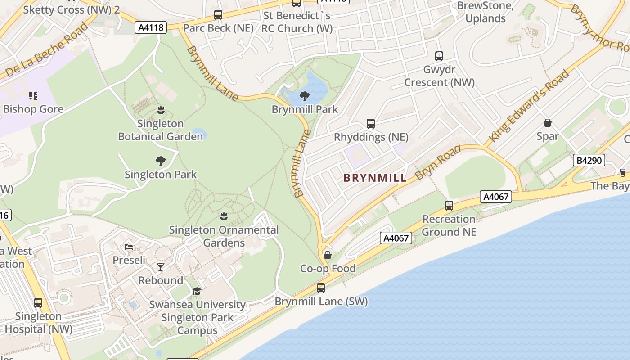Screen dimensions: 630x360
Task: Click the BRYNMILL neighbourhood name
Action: click(375, 178)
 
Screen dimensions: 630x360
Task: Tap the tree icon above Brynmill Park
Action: click(305, 95)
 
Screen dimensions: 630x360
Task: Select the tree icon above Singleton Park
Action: click(160, 161)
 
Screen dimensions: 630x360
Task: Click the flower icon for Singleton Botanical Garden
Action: click(161, 110)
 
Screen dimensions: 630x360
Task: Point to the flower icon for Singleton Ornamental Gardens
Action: click(224, 216)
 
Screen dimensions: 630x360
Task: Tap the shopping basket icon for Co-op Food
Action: click(328, 255)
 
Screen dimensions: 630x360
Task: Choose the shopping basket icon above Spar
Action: click(548, 122)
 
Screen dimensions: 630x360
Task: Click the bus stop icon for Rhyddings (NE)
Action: click(371, 123)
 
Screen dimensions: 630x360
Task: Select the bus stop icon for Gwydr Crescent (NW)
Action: click(439, 56)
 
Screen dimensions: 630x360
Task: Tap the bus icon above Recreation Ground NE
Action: click(449, 206)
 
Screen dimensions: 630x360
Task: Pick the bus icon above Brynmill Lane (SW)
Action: click(321, 288)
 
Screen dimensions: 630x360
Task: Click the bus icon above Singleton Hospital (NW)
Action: click(38, 302)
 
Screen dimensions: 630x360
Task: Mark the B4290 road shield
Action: click(589, 160)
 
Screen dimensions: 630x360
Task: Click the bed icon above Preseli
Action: click(129, 247)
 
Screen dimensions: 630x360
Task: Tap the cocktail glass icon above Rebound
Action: click(160, 267)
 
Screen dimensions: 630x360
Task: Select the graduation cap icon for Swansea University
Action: click(197, 291)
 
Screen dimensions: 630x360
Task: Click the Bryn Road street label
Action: click(438, 162)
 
